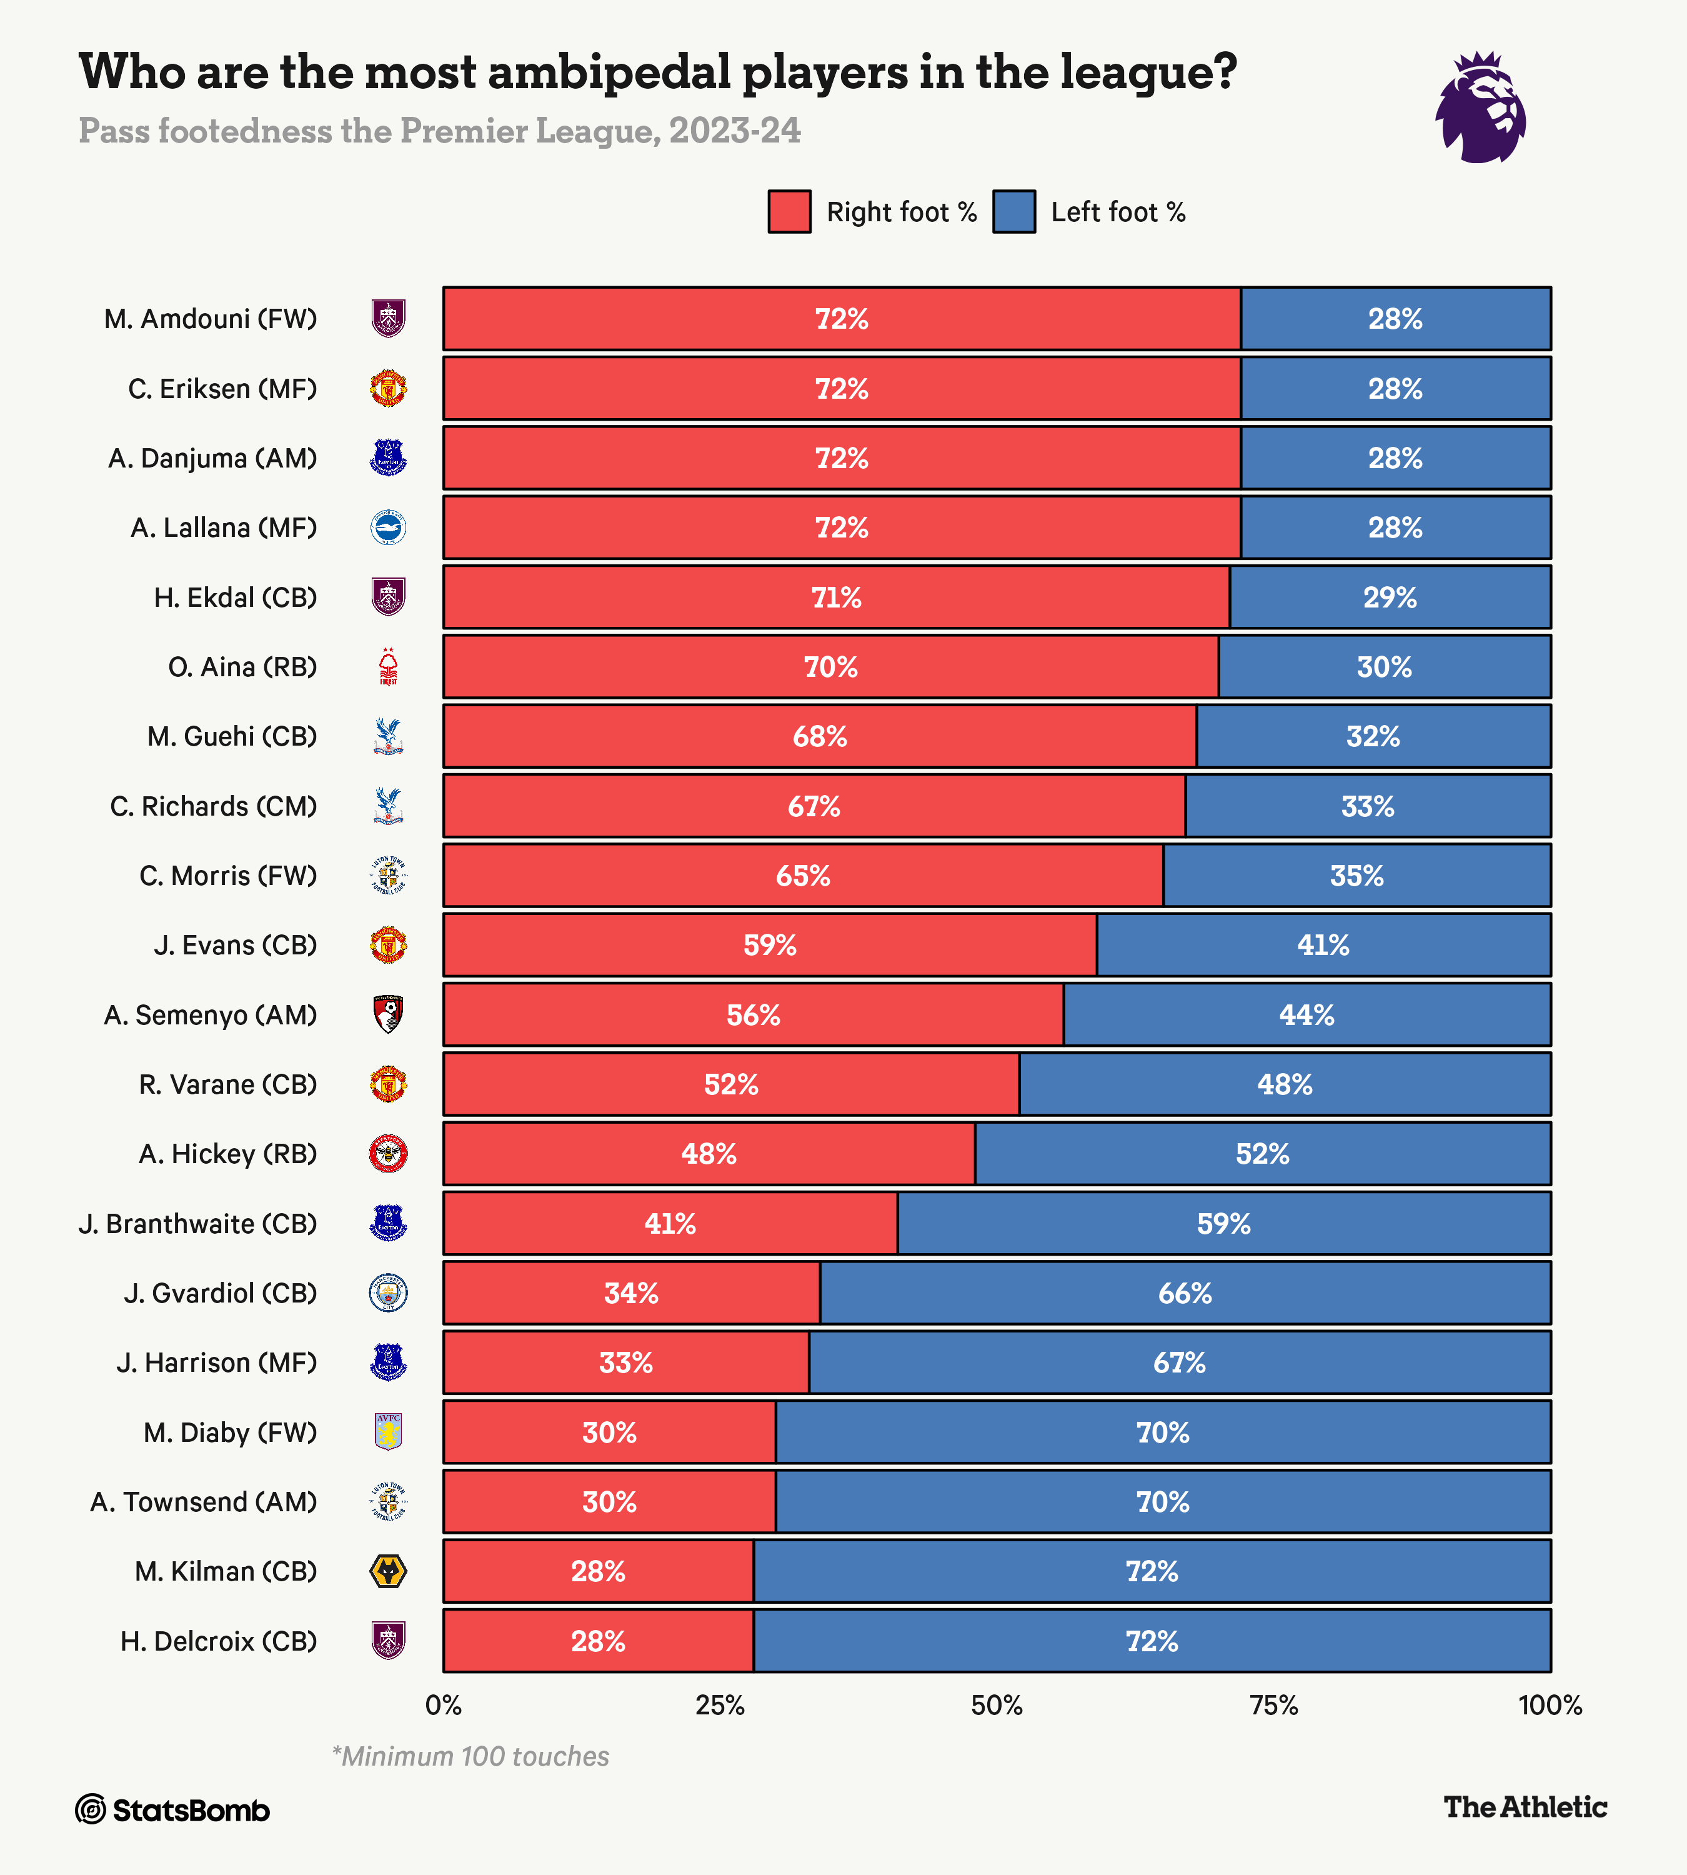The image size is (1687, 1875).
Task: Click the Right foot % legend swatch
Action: tap(789, 211)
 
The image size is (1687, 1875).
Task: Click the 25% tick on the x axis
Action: tap(720, 1705)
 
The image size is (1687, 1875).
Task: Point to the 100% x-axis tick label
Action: tap(1550, 1705)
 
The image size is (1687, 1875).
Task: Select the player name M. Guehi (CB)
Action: tap(232, 736)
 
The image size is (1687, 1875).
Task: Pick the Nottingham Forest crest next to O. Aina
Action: tap(389, 667)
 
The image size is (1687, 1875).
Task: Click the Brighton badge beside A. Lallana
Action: tap(389, 527)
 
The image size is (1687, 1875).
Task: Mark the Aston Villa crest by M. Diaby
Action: tap(389, 1432)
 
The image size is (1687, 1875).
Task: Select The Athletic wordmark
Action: tap(1525, 1806)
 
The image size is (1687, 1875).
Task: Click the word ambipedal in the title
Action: tap(609, 72)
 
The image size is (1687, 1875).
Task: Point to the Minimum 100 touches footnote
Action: tap(471, 1756)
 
